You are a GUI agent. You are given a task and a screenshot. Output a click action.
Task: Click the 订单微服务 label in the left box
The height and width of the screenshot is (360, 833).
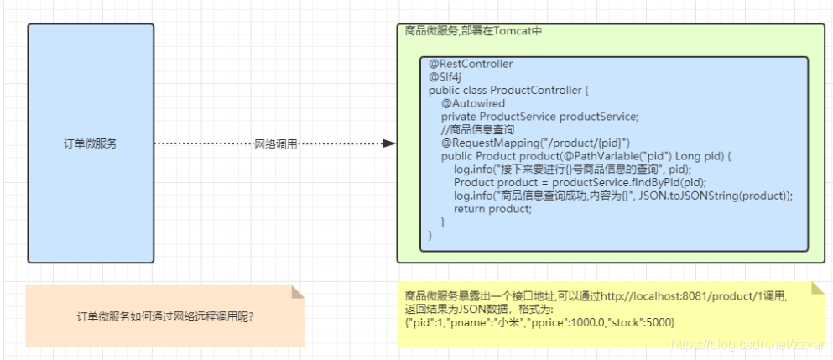point(90,143)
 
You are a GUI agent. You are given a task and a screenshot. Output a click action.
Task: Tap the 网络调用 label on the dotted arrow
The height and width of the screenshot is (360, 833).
point(275,144)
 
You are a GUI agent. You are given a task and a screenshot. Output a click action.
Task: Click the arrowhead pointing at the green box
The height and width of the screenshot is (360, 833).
point(389,143)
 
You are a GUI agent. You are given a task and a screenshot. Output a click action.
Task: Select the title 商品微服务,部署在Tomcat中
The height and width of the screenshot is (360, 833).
point(473,31)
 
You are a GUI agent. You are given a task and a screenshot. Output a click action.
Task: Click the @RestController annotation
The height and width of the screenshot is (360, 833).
point(471,64)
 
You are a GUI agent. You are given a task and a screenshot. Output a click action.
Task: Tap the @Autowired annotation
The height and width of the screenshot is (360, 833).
point(473,103)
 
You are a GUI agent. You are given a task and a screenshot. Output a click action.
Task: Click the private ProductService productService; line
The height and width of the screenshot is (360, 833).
point(539,117)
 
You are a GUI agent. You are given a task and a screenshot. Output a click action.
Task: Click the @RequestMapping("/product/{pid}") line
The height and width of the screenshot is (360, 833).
point(535,143)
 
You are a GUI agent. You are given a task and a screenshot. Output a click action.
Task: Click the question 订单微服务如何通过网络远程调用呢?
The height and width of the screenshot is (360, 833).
point(165,316)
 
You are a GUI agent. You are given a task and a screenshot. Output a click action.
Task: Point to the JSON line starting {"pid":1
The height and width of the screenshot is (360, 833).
point(539,322)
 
